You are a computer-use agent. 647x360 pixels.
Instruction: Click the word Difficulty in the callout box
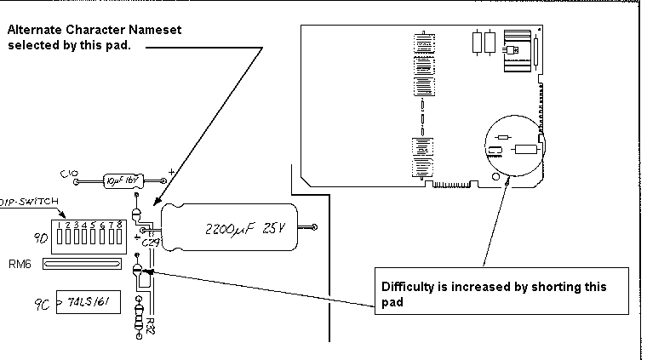coord(407,287)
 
